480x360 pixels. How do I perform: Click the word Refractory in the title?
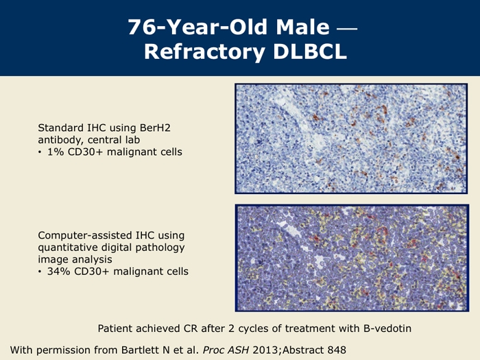click(x=205, y=52)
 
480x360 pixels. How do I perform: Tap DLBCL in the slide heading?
click(x=310, y=51)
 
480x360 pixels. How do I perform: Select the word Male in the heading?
click(x=302, y=27)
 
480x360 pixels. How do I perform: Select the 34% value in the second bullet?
click(x=58, y=272)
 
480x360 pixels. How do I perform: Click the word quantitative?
click(x=67, y=248)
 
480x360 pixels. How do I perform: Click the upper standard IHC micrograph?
click(x=351, y=139)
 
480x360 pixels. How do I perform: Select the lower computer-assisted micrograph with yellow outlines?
click(x=352, y=258)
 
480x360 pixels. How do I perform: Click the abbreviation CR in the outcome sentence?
click(x=191, y=328)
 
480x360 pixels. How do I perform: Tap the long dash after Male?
click(x=347, y=29)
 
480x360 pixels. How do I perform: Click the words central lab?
click(x=114, y=140)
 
